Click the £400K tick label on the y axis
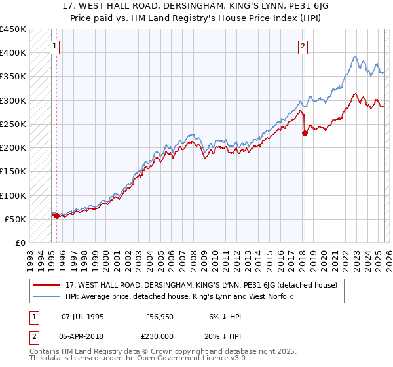point(13,53)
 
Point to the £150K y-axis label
point(13,172)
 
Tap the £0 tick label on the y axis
point(20,243)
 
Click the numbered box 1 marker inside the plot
point(54,46)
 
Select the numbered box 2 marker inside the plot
point(303,46)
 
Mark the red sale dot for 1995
point(56,216)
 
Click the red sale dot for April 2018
point(305,134)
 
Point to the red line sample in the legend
point(47,285)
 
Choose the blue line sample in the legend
point(47,297)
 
